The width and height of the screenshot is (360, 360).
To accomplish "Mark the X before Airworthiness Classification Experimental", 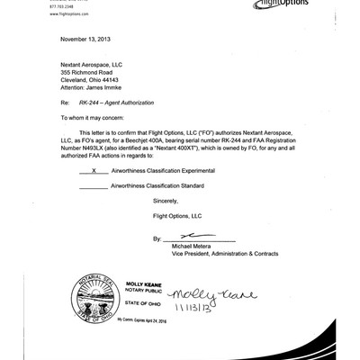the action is pyautogui.click(x=94, y=170).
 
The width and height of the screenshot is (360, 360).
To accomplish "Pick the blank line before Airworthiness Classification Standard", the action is pyautogui.click(x=94, y=186).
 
